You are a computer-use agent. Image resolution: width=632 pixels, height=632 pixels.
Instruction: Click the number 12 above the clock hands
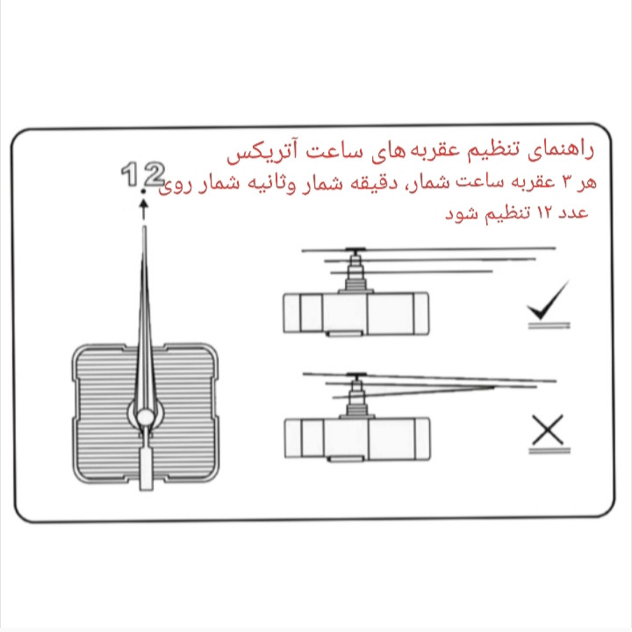[x=142, y=176]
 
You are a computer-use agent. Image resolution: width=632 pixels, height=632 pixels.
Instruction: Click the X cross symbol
[x=546, y=430]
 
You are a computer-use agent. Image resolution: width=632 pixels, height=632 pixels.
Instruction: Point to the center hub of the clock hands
[x=144, y=413]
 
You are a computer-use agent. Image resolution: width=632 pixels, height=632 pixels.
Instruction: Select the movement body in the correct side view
[x=355, y=312]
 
